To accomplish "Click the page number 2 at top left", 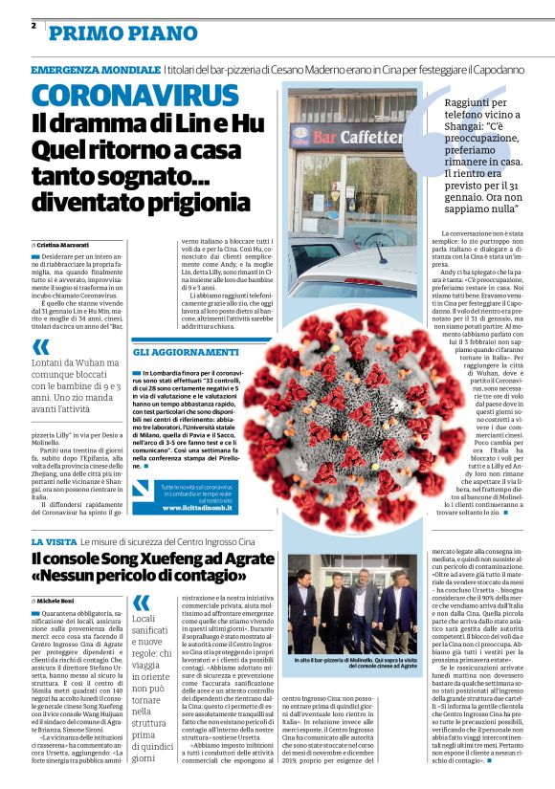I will (x=34, y=26).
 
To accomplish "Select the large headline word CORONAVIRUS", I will (x=121, y=95).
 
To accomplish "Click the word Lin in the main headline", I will (x=190, y=122).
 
